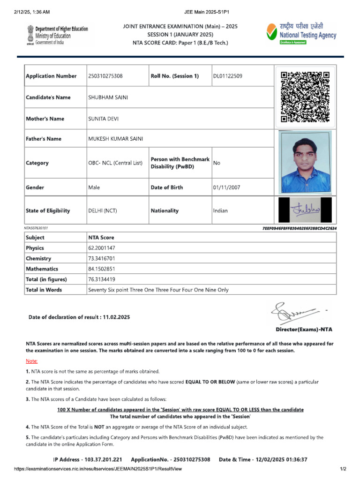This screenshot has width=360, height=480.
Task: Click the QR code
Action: point(305,97)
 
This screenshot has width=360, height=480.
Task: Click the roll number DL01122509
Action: point(228,76)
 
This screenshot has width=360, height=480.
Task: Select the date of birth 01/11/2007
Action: point(226,187)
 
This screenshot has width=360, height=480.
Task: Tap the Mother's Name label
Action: point(45,119)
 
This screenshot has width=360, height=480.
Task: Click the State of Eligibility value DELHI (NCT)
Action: point(103,211)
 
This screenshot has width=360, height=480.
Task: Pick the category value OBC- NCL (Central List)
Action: point(115,163)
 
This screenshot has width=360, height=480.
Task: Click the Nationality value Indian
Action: point(220,211)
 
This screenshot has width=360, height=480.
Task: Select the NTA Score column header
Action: point(101,238)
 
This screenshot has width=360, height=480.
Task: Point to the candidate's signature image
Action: point(305,210)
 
